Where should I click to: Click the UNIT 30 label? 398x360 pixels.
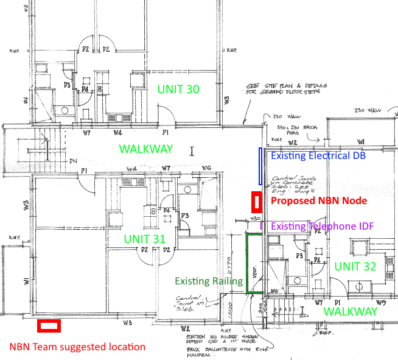click(x=178, y=89)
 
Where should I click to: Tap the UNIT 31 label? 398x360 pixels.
click(x=144, y=239)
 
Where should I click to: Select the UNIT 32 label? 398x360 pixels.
click(x=355, y=266)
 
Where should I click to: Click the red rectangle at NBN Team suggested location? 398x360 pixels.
click(x=49, y=326)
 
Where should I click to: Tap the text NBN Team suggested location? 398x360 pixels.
click(x=77, y=347)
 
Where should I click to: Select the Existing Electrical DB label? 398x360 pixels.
click(x=319, y=156)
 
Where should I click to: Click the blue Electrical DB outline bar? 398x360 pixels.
click(x=260, y=165)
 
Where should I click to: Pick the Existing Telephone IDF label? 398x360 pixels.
click(x=322, y=227)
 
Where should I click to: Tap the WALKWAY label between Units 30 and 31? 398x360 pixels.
click(x=145, y=149)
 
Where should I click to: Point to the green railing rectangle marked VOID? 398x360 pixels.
click(x=254, y=263)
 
